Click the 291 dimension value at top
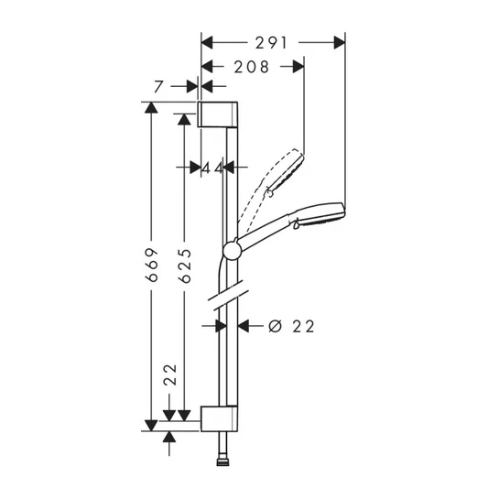point(273,42)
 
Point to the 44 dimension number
point(212,168)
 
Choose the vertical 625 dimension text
point(185,266)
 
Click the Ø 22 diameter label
point(288,325)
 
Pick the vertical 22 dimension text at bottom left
point(169,375)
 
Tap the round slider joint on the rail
point(231,251)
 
